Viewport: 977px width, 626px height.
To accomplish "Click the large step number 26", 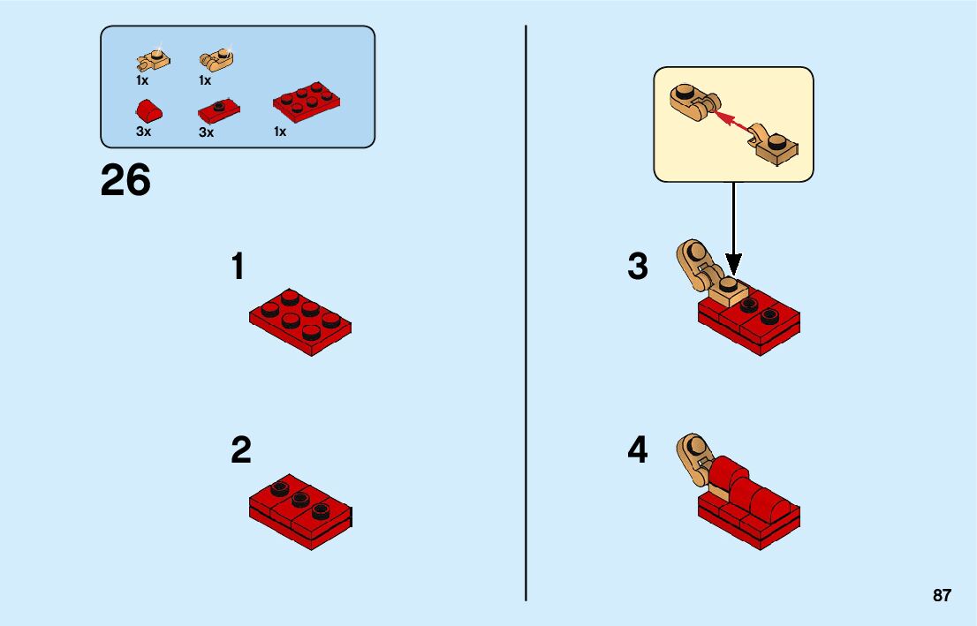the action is tap(126, 181).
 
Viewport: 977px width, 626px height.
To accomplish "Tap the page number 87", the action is tap(942, 596).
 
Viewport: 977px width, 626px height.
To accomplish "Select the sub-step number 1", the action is tap(237, 267).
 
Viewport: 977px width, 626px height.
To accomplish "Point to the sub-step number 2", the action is tap(240, 450).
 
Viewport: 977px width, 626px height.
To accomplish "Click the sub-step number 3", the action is tap(638, 267).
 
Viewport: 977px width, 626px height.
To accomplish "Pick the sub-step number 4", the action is tap(638, 450).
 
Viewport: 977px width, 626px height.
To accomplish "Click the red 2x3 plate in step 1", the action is tap(300, 321).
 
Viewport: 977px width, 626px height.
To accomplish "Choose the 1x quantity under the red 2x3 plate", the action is tap(280, 132).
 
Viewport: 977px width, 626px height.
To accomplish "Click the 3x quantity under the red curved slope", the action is tap(143, 132).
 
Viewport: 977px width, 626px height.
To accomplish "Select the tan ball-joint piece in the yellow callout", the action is tap(775, 146).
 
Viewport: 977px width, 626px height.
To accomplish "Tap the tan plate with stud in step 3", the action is tap(727, 290).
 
